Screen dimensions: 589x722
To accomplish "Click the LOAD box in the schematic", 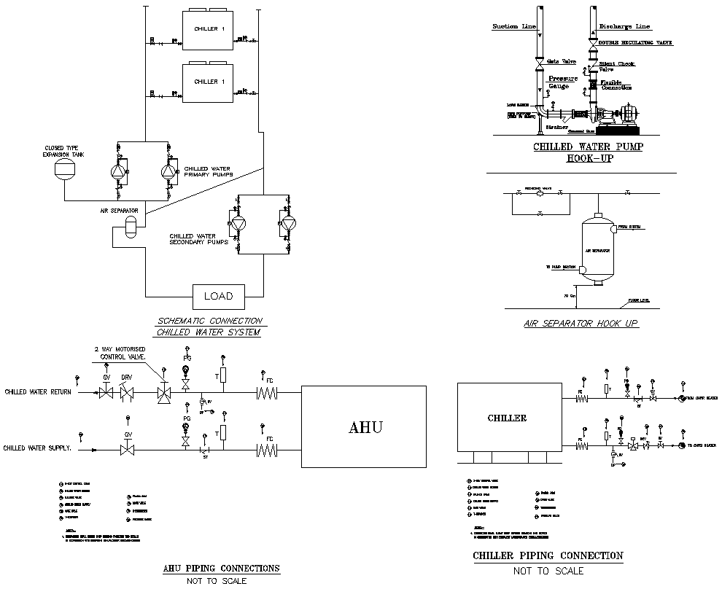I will tap(218, 296).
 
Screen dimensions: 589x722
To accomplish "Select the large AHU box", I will tap(364, 426).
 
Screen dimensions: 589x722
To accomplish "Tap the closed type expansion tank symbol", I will tap(66, 169).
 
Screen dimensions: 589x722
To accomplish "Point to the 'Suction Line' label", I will tap(514, 26).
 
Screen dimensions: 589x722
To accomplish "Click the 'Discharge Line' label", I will tap(625, 26).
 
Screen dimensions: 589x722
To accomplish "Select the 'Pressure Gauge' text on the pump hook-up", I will tap(562, 82).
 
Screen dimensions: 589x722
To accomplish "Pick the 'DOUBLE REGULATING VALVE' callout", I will tap(635, 43).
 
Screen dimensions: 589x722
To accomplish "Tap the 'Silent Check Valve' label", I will tap(616, 66).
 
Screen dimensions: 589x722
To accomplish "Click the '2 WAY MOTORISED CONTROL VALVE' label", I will tap(120, 354).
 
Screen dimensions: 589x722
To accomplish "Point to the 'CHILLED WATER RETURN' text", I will tap(38, 392).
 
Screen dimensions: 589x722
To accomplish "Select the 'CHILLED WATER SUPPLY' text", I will tap(38, 448).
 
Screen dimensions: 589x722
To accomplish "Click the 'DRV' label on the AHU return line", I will tap(126, 377).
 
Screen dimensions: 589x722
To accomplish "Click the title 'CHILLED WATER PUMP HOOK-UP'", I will tap(588, 152).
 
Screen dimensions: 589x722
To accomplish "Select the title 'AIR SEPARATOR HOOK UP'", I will tap(581, 323).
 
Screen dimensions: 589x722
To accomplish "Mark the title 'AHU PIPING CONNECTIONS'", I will tap(221, 568).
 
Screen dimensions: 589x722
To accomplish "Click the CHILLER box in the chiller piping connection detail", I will tap(508, 418).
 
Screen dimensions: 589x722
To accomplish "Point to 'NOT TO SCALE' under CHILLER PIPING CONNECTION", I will tap(548, 571).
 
